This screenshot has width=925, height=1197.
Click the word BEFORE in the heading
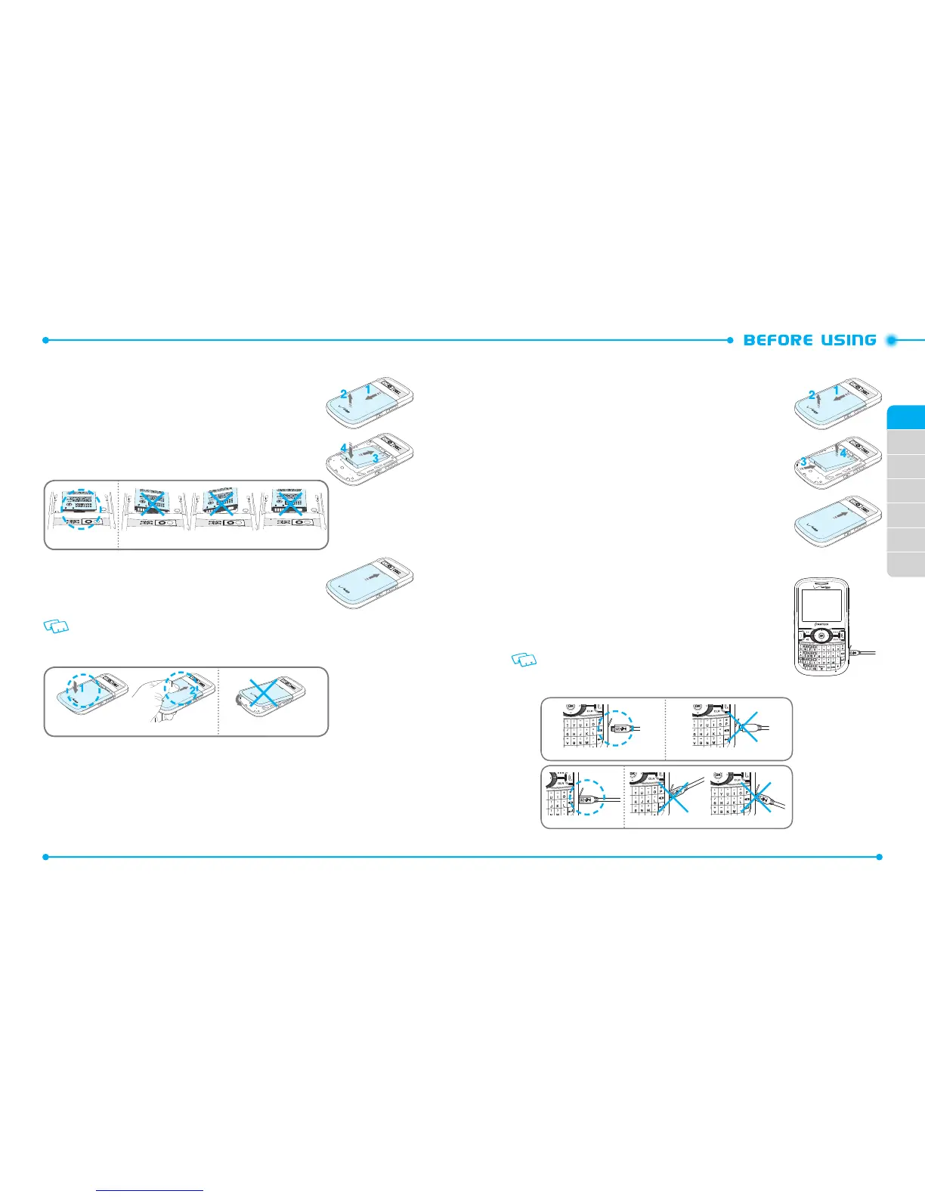click(x=778, y=340)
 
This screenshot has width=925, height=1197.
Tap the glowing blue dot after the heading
click(x=892, y=340)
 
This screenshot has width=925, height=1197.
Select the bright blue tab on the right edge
click(x=906, y=417)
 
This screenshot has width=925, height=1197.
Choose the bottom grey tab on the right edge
click(x=906, y=564)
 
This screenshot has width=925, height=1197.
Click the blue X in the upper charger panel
click(x=746, y=728)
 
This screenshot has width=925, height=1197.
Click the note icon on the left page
click(x=57, y=626)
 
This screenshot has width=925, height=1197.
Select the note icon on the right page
click(x=524, y=660)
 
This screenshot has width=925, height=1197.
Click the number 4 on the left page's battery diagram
click(x=344, y=448)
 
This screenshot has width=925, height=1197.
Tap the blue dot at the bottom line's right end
click(x=879, y=857)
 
